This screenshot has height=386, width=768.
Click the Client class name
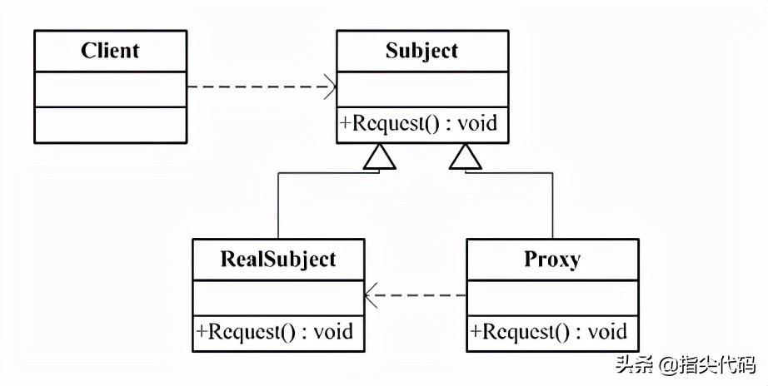(x=110, y=51)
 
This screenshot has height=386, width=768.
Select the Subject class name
(x=421, y=51)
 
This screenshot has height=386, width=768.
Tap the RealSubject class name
(x=278, y=259)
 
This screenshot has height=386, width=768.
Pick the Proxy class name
(x=552, y=259)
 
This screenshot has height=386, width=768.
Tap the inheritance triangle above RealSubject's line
(x=380, y=156)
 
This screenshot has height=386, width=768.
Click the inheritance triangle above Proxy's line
(x=466, y=156)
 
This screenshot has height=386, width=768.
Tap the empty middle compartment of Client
(x=110, y=88)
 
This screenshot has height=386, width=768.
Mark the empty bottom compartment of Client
(x=110, y=124)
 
